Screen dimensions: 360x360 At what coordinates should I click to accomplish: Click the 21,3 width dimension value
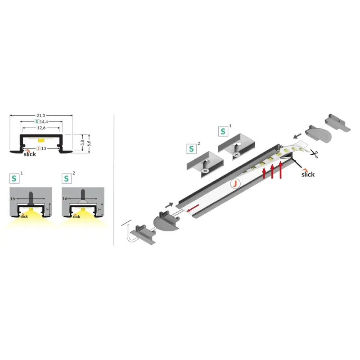(40, 116)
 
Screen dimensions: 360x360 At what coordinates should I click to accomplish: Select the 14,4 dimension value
(44, 121)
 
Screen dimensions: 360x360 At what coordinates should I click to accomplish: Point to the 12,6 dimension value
(41, 128)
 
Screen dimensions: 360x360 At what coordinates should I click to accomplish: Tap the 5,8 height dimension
(83, 143)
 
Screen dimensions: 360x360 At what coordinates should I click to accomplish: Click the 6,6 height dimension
(89, 143)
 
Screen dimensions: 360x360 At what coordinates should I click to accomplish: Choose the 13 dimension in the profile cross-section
(44, 148)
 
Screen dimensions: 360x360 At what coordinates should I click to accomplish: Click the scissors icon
(314, 153)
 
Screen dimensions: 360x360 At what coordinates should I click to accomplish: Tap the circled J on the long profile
(235, 184)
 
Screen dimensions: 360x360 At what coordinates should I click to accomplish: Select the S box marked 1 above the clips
(223, 131)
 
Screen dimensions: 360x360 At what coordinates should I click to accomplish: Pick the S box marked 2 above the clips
(192, 149)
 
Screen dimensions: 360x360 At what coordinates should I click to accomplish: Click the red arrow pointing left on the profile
(193, 208)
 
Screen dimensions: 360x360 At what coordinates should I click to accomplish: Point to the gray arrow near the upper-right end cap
(297, 136)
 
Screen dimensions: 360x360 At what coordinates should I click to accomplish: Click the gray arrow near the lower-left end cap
(169, 205)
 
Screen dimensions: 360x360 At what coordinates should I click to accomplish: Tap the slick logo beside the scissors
(308, 173)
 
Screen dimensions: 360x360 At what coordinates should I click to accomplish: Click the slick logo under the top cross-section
(30, 153)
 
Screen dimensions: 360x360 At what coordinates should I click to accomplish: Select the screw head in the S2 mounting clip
(205, 171)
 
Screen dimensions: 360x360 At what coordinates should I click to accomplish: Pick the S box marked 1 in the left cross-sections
(14, 179)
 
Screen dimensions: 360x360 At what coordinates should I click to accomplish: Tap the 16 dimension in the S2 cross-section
(65, 198)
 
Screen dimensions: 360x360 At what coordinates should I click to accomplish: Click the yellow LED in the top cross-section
(41, 140)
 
